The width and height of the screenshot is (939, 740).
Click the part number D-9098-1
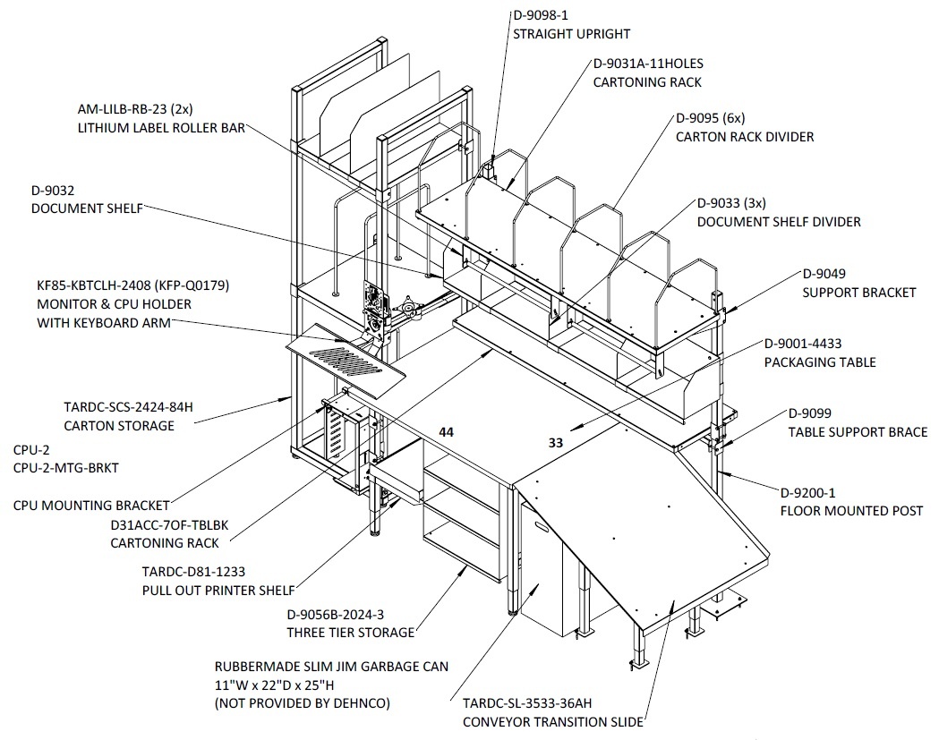click(540, 15)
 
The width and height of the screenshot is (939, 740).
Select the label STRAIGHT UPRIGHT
click(571, 34)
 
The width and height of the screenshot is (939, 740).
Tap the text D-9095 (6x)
click(710, 118)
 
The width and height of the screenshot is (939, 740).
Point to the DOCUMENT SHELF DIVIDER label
click(779, 222)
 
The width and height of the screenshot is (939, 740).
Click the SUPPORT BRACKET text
click(858, 293)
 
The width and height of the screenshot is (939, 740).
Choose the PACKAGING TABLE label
click(820, 362)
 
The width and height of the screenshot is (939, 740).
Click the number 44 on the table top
click(446, 431)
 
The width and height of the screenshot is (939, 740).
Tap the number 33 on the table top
click(556, 442)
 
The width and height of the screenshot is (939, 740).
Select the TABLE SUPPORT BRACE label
click(858, 432)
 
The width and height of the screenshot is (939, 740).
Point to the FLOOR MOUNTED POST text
click(851, 511)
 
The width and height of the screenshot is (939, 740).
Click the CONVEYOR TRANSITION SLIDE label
click(552, 722)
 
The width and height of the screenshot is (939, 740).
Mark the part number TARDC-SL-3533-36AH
click(527, 703)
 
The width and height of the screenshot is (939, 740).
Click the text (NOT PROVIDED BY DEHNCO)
click(302, 703)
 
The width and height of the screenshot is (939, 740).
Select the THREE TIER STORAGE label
click(350, 633)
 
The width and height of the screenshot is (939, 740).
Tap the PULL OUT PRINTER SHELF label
click(218, 591)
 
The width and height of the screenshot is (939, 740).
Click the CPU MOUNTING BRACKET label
click(91, 506)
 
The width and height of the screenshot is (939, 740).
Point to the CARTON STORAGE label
click(118, 426)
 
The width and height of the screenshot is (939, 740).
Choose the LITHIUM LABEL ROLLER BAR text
click(161, 128)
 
